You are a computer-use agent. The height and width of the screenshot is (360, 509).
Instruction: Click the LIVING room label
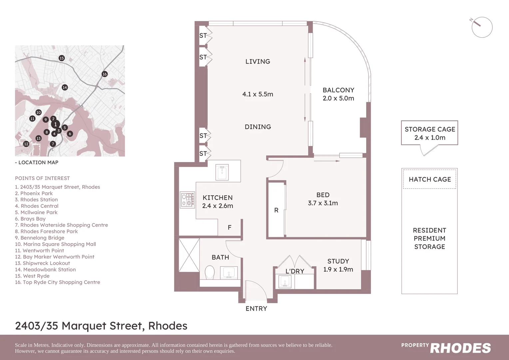pos(257,62)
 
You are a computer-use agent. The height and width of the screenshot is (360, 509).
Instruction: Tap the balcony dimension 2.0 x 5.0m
pos(338,98)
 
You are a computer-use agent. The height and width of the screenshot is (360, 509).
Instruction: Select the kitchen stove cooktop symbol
pos(188,200)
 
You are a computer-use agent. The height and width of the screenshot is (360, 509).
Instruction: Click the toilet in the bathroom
pos(210,272)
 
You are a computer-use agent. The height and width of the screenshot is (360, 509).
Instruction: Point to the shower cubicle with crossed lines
pos(189,255)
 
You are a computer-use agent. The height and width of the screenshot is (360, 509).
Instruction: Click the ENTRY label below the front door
pos(256,309)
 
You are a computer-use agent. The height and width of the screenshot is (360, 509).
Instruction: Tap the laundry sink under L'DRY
pos(285,281)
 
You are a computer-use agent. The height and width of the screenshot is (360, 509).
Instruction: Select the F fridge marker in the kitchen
pos(230,228)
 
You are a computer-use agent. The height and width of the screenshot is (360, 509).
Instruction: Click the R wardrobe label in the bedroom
pos(276,210)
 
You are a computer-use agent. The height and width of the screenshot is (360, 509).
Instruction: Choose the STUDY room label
pos(338,261)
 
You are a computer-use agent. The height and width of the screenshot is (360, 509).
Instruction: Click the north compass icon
pos(482,27)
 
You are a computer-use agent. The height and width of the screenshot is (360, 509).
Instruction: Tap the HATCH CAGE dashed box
pos(429,180)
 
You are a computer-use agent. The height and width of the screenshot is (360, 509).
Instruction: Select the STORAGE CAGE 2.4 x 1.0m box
pos(429,133)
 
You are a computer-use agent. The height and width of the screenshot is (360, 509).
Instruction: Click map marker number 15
pos(62,58)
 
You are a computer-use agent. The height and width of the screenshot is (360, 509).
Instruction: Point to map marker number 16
pos(105,74)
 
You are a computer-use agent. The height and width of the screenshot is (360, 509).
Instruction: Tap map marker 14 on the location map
pos(65,87)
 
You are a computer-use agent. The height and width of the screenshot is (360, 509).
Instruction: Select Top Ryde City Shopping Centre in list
pos(58,282)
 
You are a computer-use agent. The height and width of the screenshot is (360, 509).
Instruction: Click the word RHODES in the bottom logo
pos(460,348)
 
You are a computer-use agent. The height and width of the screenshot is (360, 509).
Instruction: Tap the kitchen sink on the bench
pos(222,172)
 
